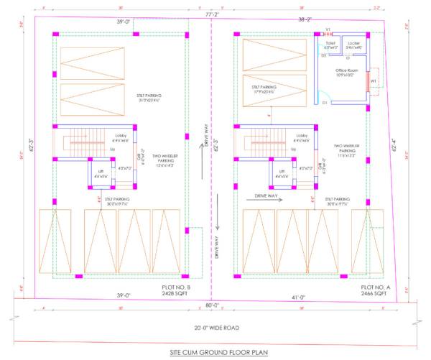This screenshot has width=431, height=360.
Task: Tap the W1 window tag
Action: tap(374, 81)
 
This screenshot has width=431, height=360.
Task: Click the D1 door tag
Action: tap(325, 103)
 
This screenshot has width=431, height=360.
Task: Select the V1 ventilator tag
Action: tap(328, 29)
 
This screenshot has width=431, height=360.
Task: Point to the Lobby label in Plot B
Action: tap(120, 136)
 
